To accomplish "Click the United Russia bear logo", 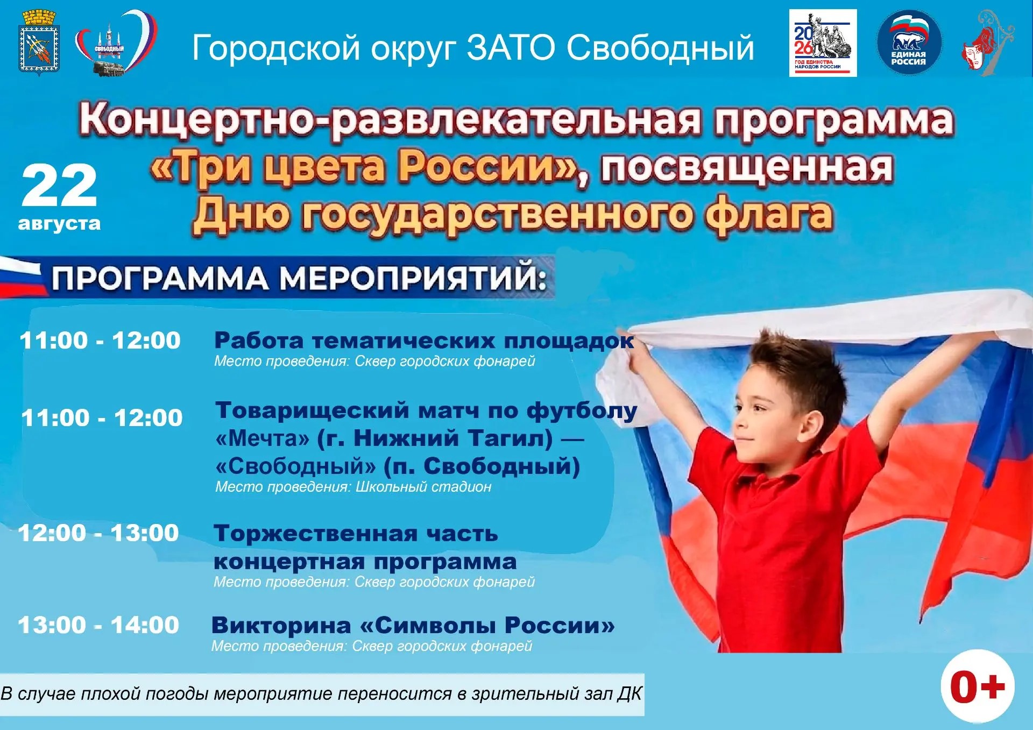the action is coord(909,42).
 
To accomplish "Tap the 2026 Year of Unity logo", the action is coord(823,42).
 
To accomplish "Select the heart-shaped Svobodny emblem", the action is coord(116,43).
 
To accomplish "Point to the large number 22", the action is coord(59,186).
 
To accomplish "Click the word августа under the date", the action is coord(59,223).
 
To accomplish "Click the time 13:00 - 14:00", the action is coord(98,625).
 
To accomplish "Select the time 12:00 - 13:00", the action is coord(98,533).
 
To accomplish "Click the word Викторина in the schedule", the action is coord(281,626).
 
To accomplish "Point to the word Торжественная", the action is coord(316,534).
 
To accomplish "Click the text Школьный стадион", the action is coord(423,487).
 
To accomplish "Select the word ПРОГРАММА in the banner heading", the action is coord(160,279).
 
